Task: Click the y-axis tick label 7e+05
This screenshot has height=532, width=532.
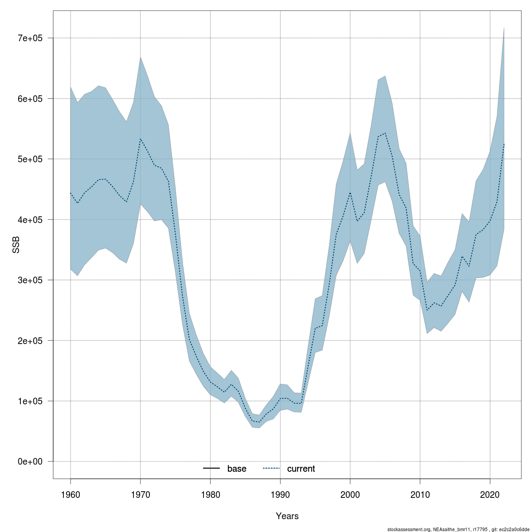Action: click(30, 38)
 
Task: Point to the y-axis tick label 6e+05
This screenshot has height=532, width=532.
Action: click(30, 98)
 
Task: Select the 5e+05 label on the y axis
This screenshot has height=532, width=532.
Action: click(30, 159)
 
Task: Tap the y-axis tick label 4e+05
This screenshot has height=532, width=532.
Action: click(30, 219)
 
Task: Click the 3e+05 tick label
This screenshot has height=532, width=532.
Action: click(30, 280)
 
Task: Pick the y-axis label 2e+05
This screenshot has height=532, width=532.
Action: click(30, 340)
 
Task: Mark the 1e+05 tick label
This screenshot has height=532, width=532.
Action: click(30, 401)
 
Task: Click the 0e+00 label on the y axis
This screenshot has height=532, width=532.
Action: click(30, 462)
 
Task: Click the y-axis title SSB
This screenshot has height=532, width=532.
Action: click(16, 245)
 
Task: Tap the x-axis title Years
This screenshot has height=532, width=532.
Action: click(287, 516)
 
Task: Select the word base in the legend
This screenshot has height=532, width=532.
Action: click(237, 469)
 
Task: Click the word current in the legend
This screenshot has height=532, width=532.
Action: click(301, 469)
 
